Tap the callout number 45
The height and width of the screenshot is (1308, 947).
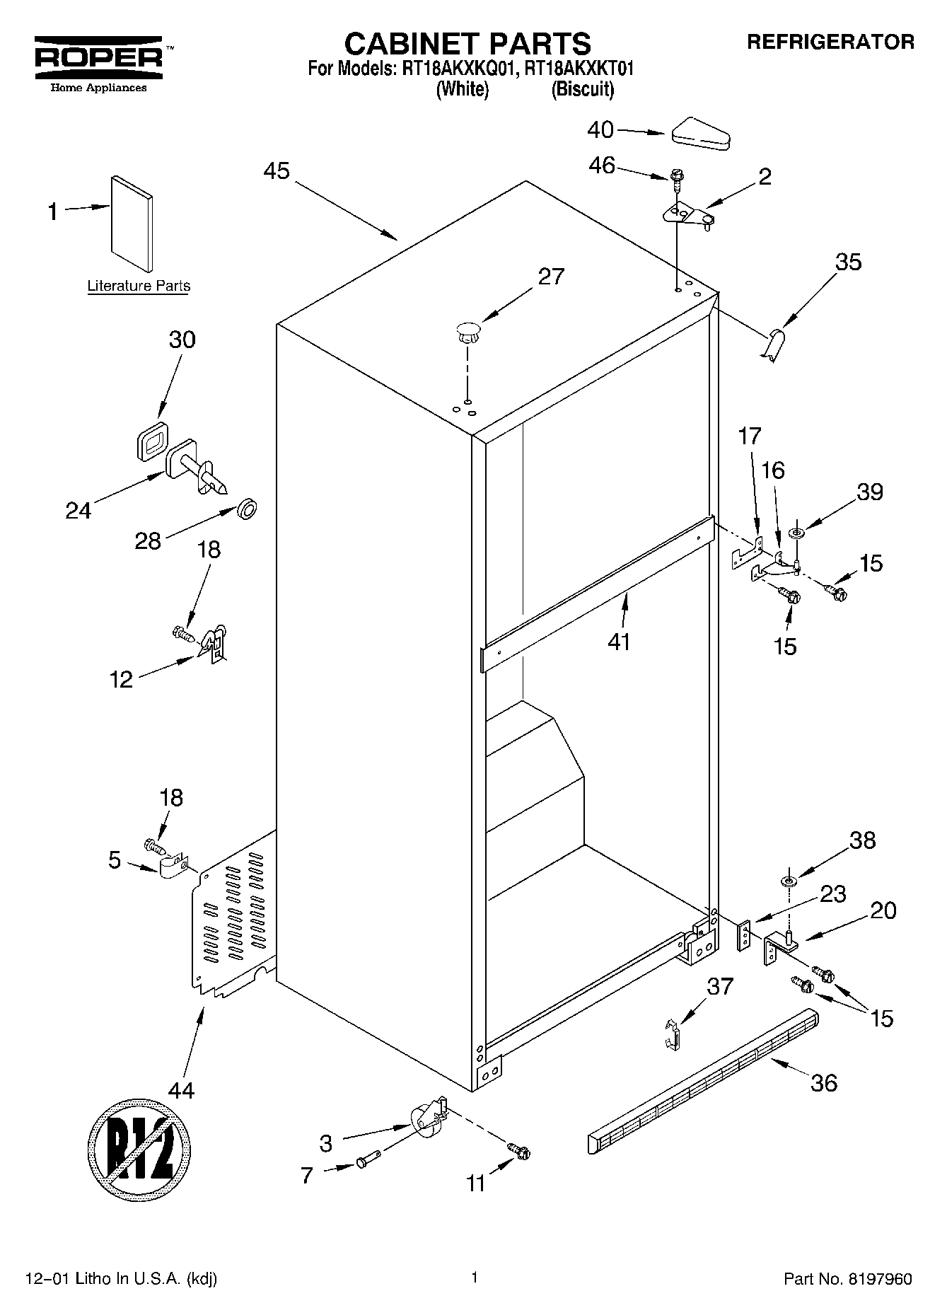point(277,171)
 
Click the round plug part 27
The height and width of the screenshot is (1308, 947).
point(467,331)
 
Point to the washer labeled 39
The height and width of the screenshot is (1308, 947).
point(797,532)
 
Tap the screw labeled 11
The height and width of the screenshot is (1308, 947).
point(520,1152)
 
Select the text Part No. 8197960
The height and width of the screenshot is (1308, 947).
point(847,1278)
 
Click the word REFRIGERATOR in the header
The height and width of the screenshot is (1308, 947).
point(830,42)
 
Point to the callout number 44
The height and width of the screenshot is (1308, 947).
point(181,1089)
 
